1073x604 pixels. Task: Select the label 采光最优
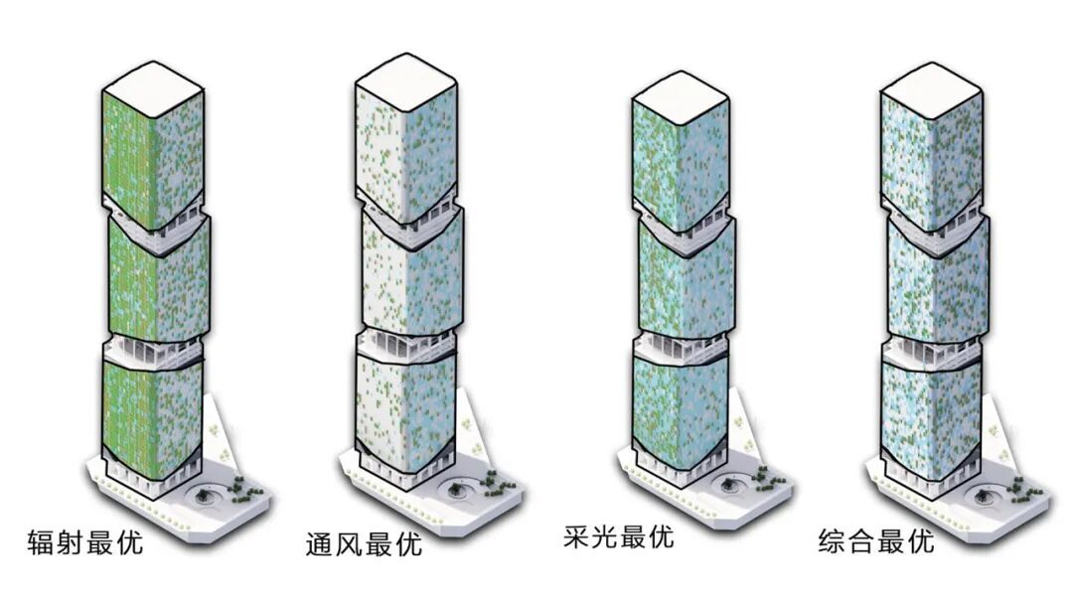click(x=617, y=537)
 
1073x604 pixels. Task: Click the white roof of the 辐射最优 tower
click(x=154, y=84)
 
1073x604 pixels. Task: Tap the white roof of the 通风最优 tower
click(x=404, y=78)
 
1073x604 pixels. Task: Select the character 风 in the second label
click(x=349, y=544)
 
